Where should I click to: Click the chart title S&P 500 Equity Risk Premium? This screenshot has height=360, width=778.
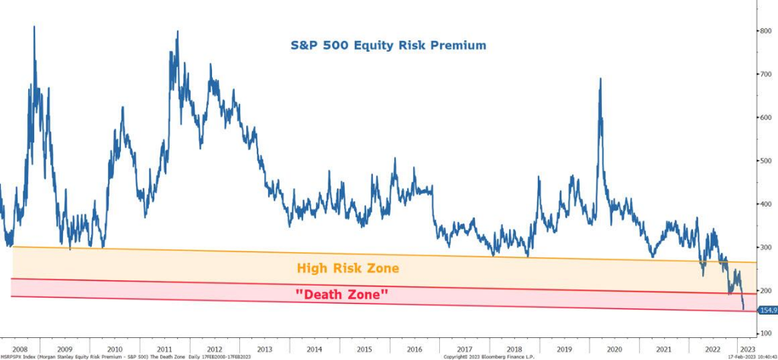388,46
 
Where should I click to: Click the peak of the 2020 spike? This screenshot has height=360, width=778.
601,78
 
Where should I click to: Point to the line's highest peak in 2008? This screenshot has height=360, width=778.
34,27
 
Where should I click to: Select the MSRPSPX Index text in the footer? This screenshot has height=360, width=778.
17,355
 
